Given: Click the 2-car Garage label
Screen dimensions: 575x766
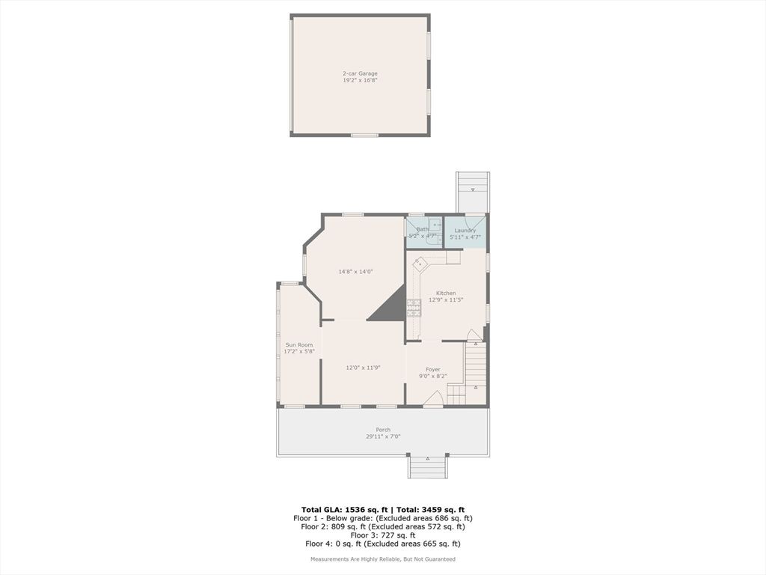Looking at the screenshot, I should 360,73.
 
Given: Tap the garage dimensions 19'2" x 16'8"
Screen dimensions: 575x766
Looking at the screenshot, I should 360,80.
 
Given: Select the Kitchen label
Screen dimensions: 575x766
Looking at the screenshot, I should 446,293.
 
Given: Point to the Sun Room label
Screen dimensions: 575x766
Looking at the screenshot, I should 298,344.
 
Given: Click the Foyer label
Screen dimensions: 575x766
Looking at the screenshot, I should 433,369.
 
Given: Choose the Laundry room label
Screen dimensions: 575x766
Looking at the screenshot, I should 465,231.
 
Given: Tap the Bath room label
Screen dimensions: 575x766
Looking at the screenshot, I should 423,229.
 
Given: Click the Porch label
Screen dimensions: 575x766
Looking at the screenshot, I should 383,430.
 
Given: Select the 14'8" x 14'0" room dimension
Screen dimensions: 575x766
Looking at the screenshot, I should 355,272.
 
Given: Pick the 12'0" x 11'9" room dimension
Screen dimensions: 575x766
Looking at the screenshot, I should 364,368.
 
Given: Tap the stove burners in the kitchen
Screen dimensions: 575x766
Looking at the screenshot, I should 414,307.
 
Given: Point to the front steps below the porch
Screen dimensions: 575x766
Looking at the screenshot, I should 427,467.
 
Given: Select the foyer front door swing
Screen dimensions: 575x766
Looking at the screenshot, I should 433,399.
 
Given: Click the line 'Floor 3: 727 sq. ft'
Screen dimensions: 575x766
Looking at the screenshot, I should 383,535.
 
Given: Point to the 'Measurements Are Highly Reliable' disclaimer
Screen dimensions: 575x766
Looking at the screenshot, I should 383,559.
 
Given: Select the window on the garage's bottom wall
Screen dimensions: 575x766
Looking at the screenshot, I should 364,135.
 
